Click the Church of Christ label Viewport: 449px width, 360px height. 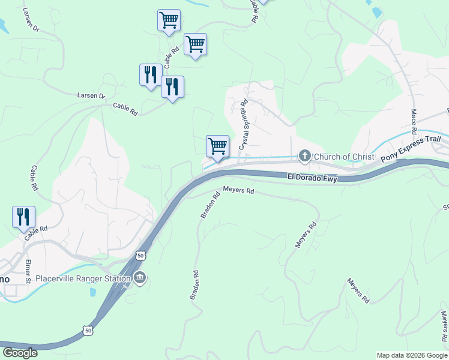pyautogui.click(x=344, y=157)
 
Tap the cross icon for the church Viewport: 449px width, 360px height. pyautogui.click(x=305, y=157)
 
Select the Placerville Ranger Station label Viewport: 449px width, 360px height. pyautogui.click(x=83, y=278)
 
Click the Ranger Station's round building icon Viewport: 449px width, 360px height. pyautogui.click(x=140, y=277)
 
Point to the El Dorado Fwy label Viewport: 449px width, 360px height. pyautogui.click(x=312, y=178)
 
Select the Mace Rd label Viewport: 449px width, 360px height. pyautogui.click(x=414, y=122)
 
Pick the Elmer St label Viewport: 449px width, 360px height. pyautogui.click(x=28, y=271)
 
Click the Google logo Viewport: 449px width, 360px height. pyautogui.click(x=20, y=353)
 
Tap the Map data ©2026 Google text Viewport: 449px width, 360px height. pyautogui.click(x=412, y=355)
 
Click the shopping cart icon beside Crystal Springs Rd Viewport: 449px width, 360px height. pyautogui.click(x=217, y=146)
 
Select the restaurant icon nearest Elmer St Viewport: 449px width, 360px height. pyautogui.click(x=24, y=217)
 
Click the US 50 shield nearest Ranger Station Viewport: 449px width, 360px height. pyautogui.click(x=140, y=255)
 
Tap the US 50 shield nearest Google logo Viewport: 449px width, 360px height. pyautogui.click(x=88, y=331)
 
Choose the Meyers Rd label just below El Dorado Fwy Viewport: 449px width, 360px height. pyautogui.click(x=239, y=191)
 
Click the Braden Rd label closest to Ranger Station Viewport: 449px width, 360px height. pyautogui.click(x=194, y=285)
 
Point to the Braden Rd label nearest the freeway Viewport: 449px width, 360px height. pyautogui.click(x=208, y=205)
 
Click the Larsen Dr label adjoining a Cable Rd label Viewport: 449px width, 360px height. pyautogui.click(x=91, y=96)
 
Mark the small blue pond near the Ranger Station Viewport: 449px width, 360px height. pyautogui.click(x=92, y=293)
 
